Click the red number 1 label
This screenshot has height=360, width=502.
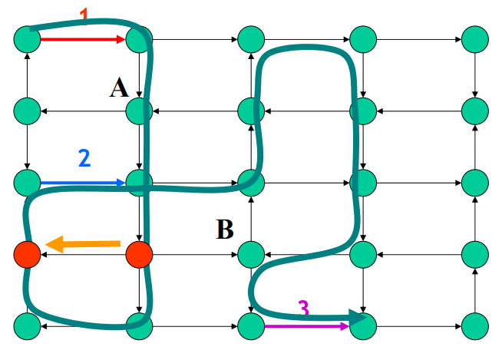point(84,14)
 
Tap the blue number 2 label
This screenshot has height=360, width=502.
point(84,158)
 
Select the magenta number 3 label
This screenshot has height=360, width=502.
point(304,309)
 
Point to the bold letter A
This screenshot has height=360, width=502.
point(119,88)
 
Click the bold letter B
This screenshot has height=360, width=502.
point(224,229)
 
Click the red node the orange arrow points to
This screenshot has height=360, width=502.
point(27,253)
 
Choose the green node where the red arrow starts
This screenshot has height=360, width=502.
point(27,38)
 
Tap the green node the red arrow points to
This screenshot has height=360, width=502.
point(139,38)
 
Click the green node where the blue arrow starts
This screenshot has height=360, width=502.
point(27,183)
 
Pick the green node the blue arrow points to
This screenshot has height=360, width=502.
point(139,183)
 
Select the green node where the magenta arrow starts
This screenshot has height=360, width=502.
point(250,326)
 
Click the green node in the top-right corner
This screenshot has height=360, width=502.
point(475,38)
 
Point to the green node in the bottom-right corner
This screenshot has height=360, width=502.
point(475,326)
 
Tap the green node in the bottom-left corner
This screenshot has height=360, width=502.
point(27,326)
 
